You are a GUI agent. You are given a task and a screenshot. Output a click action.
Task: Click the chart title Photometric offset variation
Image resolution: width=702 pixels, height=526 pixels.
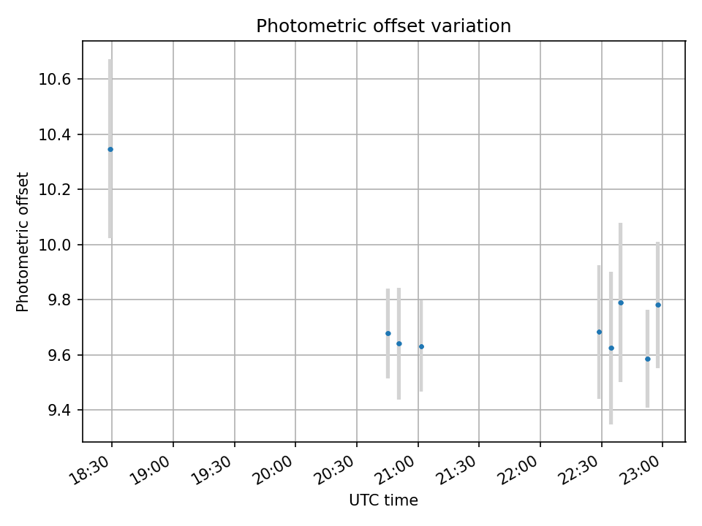click(x=383, y=26)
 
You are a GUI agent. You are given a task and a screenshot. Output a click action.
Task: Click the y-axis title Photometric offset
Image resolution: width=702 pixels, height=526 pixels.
click(x=23, y=242)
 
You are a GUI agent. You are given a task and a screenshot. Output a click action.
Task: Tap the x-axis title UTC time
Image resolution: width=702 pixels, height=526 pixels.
click(x=383, y=500)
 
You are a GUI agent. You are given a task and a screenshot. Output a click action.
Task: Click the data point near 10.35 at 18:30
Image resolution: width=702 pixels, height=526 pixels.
click(x=110, y=149)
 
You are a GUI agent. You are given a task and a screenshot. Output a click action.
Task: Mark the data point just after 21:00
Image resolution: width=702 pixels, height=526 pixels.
click(x=421, y=346)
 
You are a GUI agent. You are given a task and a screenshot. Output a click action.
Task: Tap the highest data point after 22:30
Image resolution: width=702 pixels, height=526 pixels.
click(x=621, y=302)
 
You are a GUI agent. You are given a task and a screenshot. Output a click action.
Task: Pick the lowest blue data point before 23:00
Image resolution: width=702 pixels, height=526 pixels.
click(x=647, y=359)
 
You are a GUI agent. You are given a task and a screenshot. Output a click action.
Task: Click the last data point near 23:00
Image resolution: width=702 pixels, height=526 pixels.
click(x=658, y=305)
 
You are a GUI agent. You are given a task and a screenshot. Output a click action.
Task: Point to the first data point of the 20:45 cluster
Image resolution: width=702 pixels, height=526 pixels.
click(x=388, y=333)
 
